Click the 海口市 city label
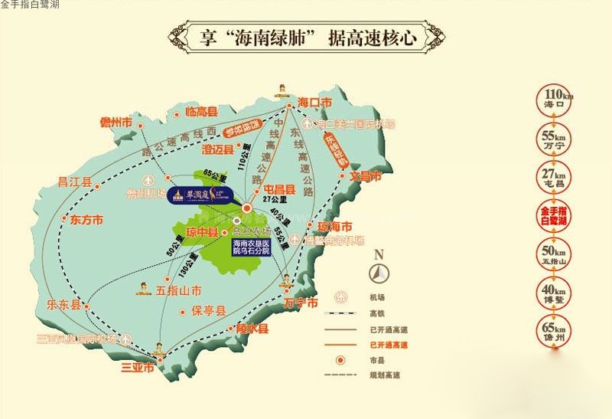[315, 102]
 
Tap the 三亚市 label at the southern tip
[138, 368]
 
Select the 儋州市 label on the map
[116, 123]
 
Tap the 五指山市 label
[178, 290]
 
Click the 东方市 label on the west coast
[86, 220]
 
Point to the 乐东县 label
[63, 304]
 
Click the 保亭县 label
[209, 312]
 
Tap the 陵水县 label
[252, 329]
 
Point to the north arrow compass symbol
[379, 271]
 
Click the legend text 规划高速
[382, 375]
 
